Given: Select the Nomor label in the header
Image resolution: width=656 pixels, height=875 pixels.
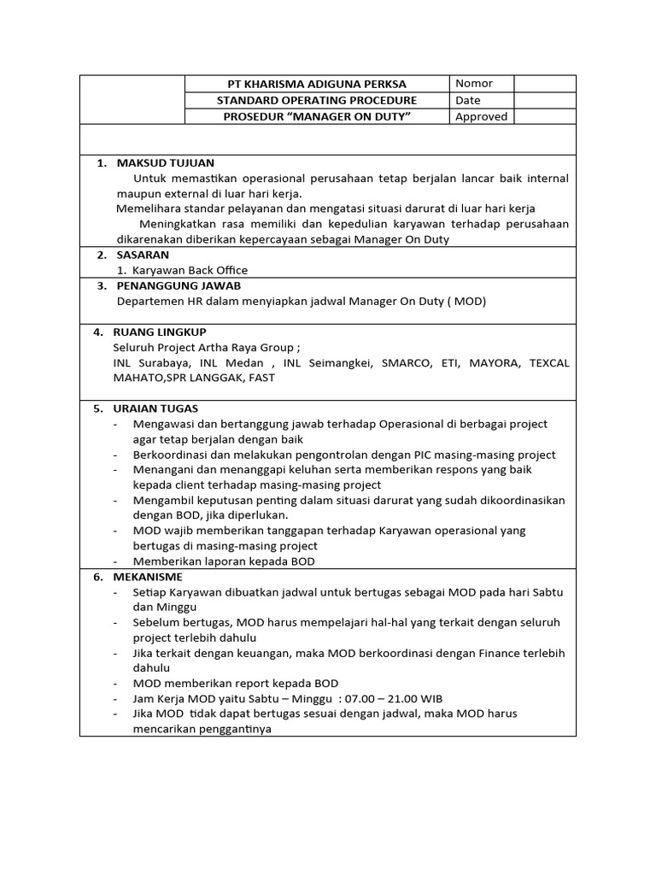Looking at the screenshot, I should pos(473,83).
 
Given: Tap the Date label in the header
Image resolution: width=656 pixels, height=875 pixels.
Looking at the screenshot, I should pos(468,100).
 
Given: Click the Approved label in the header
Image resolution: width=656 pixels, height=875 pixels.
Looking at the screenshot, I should pos(481,116).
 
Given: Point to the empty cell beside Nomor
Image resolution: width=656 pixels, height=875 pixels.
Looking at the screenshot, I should pos(544,83).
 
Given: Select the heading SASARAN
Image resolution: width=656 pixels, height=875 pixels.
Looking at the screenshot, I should pos(143,255).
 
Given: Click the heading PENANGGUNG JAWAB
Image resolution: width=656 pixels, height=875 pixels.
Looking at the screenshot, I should pos(179,285).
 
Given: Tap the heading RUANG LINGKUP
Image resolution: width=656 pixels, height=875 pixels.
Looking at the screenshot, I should pos(161,332).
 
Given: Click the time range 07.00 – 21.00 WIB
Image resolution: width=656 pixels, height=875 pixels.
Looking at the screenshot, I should pos(397,698).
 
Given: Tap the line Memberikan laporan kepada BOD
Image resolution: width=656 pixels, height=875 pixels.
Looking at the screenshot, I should pos(224,561).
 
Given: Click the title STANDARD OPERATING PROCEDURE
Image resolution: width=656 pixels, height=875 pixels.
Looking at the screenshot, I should pos(317,100).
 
